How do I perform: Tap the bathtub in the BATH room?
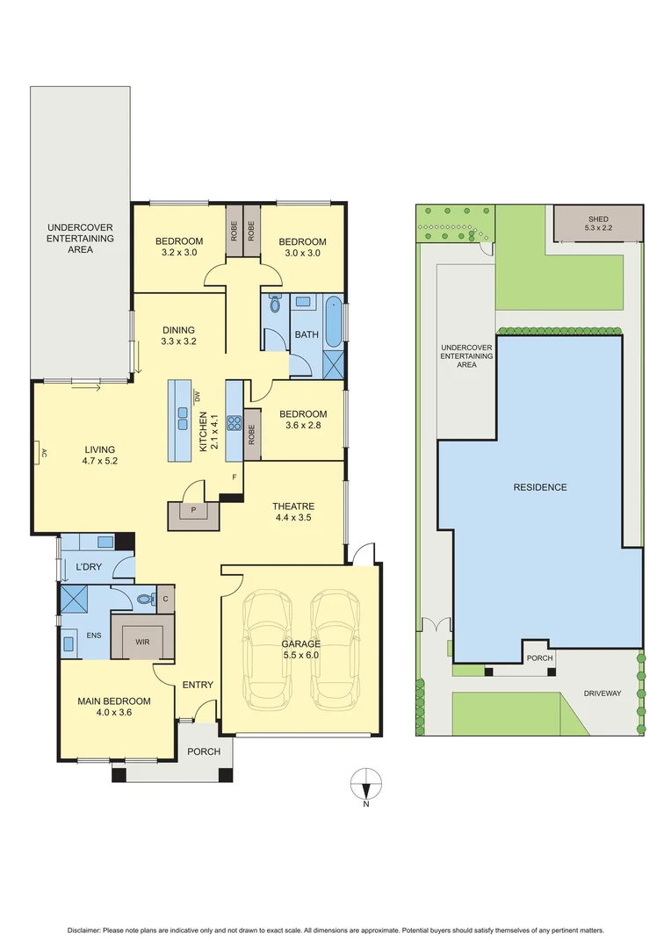(335, 322)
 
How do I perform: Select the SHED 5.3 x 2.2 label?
(596, 223)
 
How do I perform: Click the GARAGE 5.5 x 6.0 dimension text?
(301, 649)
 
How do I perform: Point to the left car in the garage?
(267, 650)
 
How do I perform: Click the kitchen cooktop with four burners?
(234, 423)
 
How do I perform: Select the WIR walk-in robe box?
(142, 642)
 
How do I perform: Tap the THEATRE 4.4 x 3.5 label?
(292, 512)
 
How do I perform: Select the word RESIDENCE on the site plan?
(540, 487)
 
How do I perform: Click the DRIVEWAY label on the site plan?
(602, 693)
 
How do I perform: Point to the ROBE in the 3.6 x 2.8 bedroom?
(251, 434)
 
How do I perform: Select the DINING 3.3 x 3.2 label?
(178, 336)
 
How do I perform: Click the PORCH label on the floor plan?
(204, 751)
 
